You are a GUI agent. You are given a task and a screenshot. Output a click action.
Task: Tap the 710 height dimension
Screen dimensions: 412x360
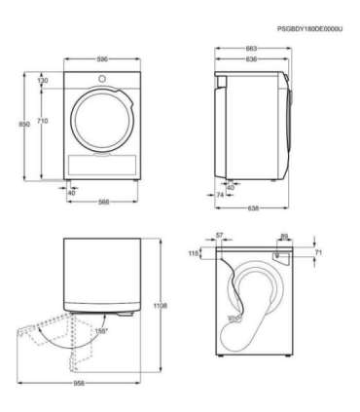click(43, 120)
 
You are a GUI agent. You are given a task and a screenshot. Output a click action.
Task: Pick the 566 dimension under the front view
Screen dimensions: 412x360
click(101, 203)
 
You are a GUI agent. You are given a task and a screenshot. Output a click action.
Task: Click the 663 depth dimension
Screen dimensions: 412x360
click(251, 48)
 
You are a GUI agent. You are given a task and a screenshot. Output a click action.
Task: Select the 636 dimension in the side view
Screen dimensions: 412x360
click(251, 58)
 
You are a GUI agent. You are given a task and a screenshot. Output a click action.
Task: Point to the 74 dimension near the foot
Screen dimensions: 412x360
click(221, 195)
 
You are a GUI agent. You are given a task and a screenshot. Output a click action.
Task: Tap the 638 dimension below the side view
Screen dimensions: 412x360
click(251, 207)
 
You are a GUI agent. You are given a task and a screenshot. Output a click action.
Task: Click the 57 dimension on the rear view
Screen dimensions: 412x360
click(219, 236)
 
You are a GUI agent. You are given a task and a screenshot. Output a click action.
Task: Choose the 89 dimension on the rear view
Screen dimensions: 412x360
click(282, 236)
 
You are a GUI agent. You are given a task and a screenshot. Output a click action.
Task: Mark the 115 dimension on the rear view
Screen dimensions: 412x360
click(194, 253)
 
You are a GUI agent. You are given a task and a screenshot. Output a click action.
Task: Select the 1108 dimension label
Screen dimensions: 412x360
click(162, 306)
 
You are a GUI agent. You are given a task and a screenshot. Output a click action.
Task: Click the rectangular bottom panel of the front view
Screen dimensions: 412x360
click(101, 164)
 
